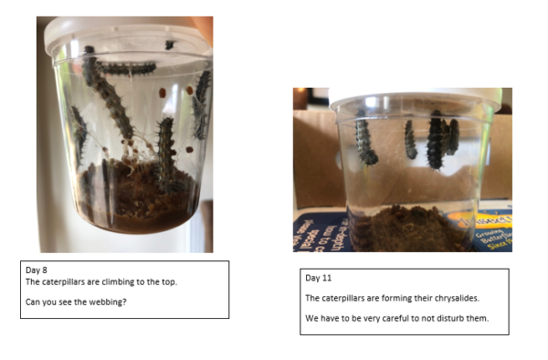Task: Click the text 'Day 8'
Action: coord(37,270)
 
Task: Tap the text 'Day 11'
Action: coord(319,278)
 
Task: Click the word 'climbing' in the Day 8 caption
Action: coord(118,282)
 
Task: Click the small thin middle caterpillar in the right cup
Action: coord(410,140)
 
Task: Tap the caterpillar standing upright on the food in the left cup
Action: coord(166,154)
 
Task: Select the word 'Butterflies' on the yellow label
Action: coord(493,235)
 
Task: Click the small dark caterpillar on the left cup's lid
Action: coord(170,45)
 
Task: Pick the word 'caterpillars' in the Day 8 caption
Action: coord(64,282)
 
